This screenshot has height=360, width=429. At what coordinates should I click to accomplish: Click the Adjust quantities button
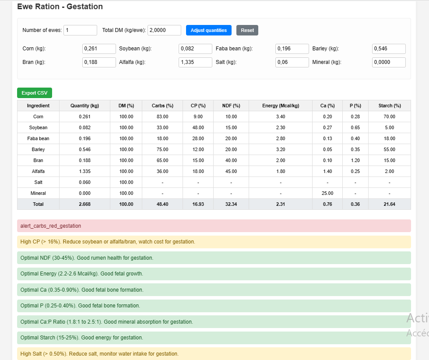pos(208,30)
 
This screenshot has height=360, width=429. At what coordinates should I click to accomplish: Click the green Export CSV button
pos(35,93)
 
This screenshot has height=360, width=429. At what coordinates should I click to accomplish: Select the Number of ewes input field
pos(80,30)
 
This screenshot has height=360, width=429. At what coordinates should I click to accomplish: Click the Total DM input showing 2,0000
pos(164,30)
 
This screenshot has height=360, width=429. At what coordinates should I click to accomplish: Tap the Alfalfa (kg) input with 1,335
pos(195,62)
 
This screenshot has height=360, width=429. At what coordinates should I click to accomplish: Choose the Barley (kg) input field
pos(389,49)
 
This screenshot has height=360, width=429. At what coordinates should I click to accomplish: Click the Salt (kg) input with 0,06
pos(292,62)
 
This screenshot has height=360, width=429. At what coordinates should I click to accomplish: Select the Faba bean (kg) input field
pos(292,49)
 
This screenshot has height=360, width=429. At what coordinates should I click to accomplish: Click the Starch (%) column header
pos(389,106)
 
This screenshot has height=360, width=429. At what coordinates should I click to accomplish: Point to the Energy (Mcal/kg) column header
pos(281,106)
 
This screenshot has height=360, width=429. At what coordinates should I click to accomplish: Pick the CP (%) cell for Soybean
pos(198,127)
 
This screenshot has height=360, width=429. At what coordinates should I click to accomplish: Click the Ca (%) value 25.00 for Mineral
pos(327,193)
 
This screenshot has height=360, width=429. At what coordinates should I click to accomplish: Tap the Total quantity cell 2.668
pos(84,204)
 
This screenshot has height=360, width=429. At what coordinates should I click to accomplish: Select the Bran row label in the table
pos(38,160)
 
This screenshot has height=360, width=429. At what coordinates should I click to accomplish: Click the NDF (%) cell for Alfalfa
pos(231,171)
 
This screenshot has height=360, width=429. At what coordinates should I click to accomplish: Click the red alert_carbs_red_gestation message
pos(214,226)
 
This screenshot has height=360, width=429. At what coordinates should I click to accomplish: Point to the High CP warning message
pos(214,242)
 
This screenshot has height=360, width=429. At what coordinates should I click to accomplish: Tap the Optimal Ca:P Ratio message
pos(214,322)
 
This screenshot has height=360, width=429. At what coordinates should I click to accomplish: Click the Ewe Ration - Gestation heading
pos(60,7)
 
